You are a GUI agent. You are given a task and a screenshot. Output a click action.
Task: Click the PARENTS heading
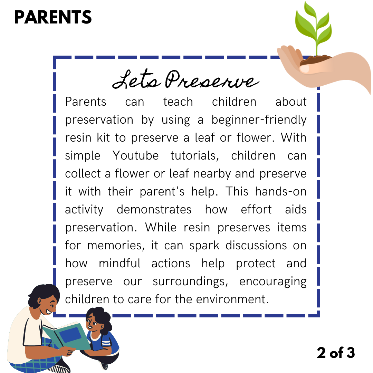tap(53, 17)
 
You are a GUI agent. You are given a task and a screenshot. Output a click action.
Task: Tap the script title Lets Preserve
tap(185, 79)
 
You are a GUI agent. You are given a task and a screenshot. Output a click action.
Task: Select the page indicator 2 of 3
tap(336, 353)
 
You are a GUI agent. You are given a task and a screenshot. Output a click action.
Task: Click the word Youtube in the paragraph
tap(135, 155)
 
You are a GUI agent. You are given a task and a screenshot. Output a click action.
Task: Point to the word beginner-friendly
tap(259, 120)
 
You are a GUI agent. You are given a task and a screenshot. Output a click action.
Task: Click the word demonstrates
tap(154, 210)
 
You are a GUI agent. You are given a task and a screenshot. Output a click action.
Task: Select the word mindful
tap(119, 263)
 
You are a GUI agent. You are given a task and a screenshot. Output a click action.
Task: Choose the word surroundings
tap(190, 282)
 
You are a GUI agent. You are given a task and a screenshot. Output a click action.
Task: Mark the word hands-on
tap(281, 191)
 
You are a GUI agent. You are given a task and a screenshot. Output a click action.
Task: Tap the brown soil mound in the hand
tap(315, 60)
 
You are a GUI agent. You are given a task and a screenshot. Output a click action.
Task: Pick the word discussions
tap(256, 246)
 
